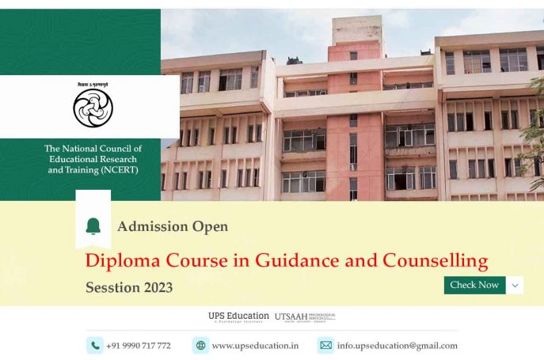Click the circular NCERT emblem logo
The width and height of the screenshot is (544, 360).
click(x=93, y=108)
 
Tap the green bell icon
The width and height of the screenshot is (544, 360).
click(x=93, y=226)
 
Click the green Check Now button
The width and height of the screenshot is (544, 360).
click(x=474, y=285)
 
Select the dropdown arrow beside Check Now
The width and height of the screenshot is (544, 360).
click(x=515, y=285)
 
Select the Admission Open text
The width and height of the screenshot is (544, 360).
click(x=173, y=227)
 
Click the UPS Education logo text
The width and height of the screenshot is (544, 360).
click(x=238, y=316)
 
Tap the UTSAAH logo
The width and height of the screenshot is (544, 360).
click(x=305, y=316)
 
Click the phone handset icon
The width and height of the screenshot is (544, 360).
click(x=95, y=345)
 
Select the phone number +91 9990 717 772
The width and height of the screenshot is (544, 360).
click(x=138, y=346)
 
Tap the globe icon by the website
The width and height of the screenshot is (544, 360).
click(x=200, y=345)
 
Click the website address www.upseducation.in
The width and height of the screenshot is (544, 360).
click(x=255, y=346)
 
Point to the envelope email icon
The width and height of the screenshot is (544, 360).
click(x=325, y=345)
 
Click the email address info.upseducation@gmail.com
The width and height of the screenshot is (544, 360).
click(x=397, y=346)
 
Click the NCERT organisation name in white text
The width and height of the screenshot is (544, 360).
click(x=93, y=159)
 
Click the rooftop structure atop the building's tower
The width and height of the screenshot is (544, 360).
click(x=356, y=29)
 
